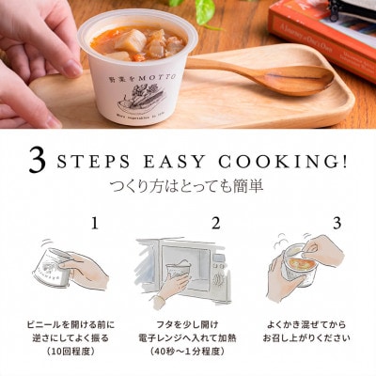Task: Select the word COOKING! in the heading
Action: click(x=285, y=161)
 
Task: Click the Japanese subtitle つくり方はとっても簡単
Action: click(x=188, y=185)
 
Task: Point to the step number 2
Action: click(x=215, y=224)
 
